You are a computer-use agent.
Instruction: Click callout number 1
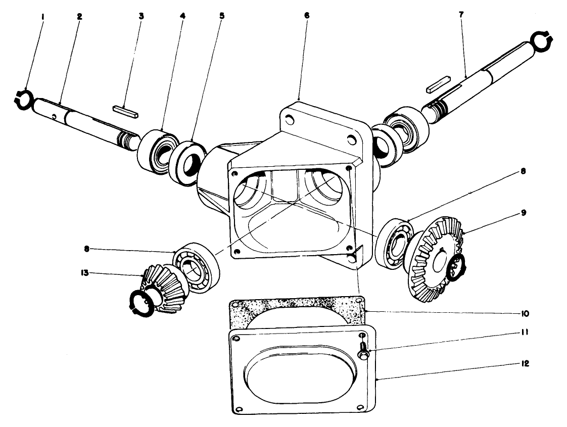43,16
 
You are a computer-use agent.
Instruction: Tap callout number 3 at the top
141,16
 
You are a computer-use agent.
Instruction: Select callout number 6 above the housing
307,15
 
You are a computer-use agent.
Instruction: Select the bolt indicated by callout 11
363,351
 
